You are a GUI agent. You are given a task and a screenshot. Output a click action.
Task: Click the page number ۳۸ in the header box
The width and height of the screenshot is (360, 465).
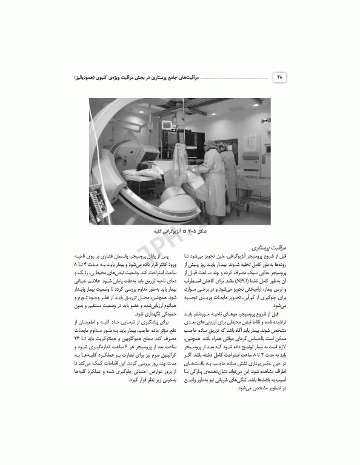pyautogui.click(x=279, y=78)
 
